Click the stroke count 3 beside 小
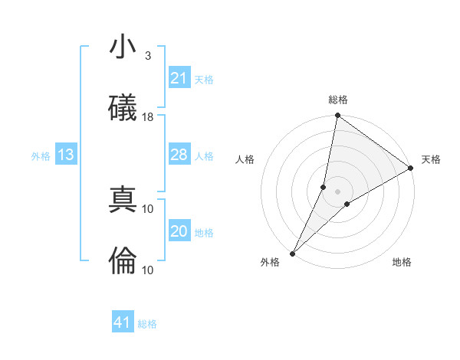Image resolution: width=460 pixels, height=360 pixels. (x=147, y=56)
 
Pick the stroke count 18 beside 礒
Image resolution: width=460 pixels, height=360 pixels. (x=149, y=117)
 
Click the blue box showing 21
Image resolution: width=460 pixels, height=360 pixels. (x=179, y=78)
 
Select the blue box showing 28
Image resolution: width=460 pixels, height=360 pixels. (x=179, y=155)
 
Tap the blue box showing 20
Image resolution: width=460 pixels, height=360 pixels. (x=179, y=232)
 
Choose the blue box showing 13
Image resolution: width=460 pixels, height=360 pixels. (x=65, y=155)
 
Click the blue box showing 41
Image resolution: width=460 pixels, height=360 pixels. (x=123, y=323)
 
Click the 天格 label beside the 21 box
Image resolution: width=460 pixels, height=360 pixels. (x=203, y=79)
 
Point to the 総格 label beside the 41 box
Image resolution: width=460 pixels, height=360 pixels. (x=147, y=324)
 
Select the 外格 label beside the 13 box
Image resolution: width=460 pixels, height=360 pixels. (x=41, y=156)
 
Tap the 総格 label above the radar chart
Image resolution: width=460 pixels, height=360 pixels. (x=338, y=100)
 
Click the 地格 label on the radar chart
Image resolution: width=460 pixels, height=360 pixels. (x=402, y=262)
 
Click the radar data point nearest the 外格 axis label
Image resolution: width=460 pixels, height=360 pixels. (x=292, y=253)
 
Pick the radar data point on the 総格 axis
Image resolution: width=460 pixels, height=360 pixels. (x=337, y=116)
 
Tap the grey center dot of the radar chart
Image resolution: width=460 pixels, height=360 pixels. (x=338, y=191)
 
